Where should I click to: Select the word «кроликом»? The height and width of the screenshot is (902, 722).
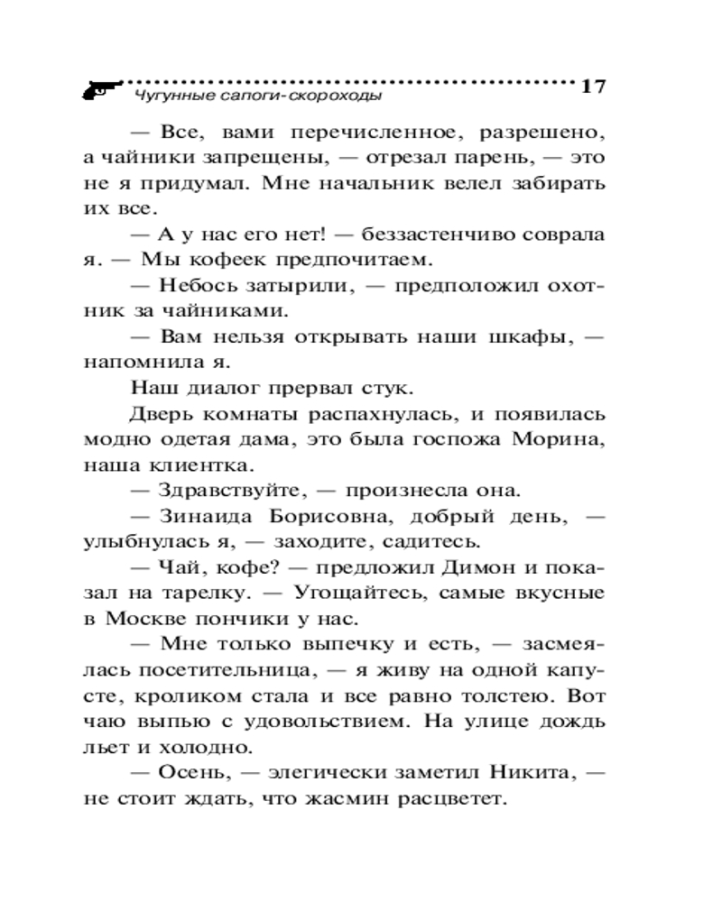pos(190,698)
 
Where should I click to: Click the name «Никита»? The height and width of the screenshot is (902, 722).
pos(528,775)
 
